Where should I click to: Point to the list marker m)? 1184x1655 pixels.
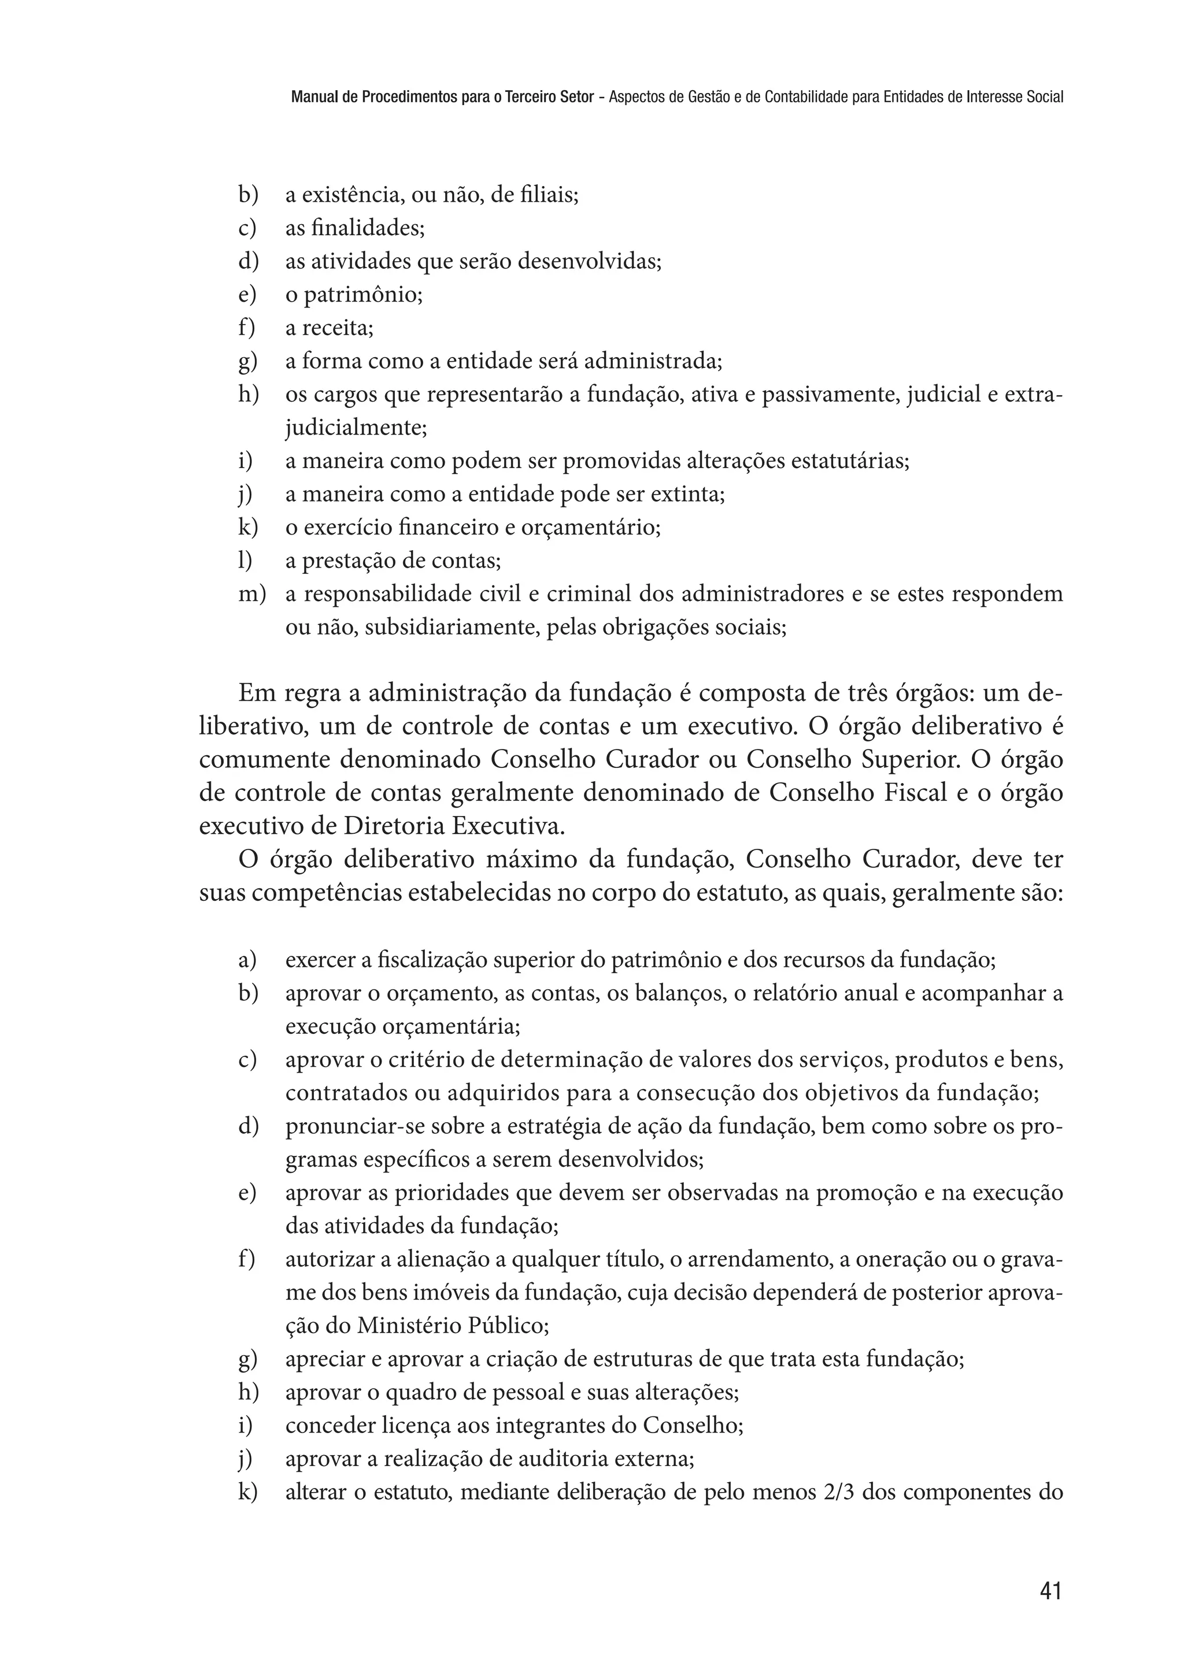[x=251, y=595]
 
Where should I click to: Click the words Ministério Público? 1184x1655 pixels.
[x=452, y=1326]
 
